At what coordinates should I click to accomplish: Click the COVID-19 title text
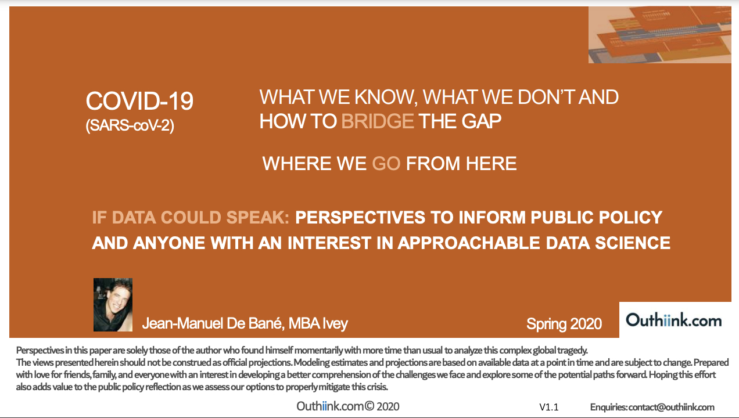click(x=139, y=101)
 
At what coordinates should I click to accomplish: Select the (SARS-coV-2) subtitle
click(x=130, y=125)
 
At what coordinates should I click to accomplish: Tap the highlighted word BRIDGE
click(x=378, y=121)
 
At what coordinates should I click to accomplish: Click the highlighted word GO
click(x=386, y=164)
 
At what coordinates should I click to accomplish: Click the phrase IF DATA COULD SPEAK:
click(x=191, y=218)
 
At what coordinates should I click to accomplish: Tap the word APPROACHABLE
click(x=469, y=243)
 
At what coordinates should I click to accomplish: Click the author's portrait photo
click(x=113, y=305)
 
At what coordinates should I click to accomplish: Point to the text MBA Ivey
click(x=318, y=323)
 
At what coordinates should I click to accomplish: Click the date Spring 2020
click(x=564, y=324)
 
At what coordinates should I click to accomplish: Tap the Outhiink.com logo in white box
click(x=674, y=320)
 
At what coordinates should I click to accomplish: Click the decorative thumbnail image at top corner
click(x=660, y=35)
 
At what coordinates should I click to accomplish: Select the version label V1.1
click(x=549, y=407)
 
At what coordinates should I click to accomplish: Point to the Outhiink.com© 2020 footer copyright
click(x=348, y=406)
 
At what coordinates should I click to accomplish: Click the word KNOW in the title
click(x=383, y=98)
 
